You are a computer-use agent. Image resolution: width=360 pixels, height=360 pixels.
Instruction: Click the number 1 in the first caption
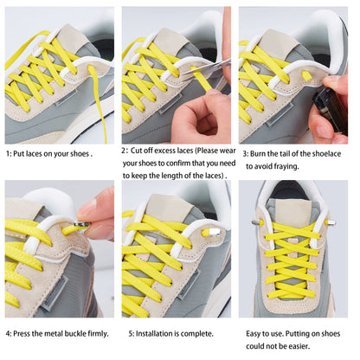coord(8,153)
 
